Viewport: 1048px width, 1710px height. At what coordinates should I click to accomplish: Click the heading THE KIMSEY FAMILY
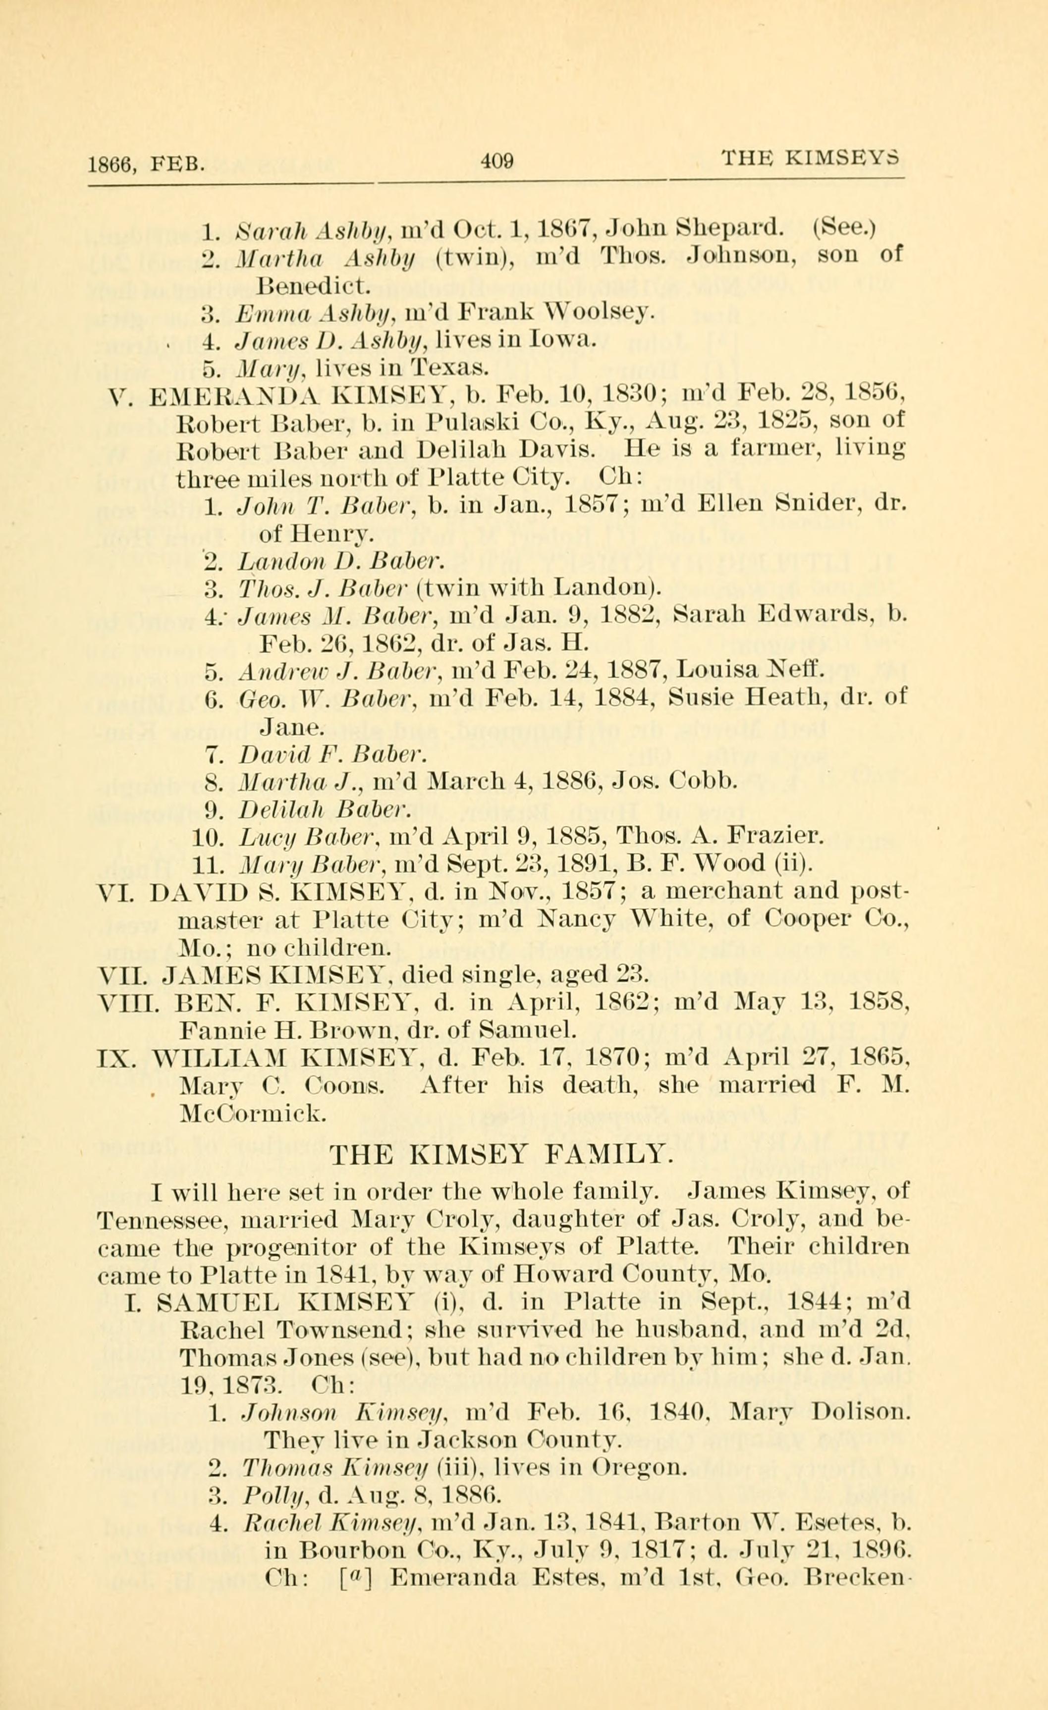[499, 1153]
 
